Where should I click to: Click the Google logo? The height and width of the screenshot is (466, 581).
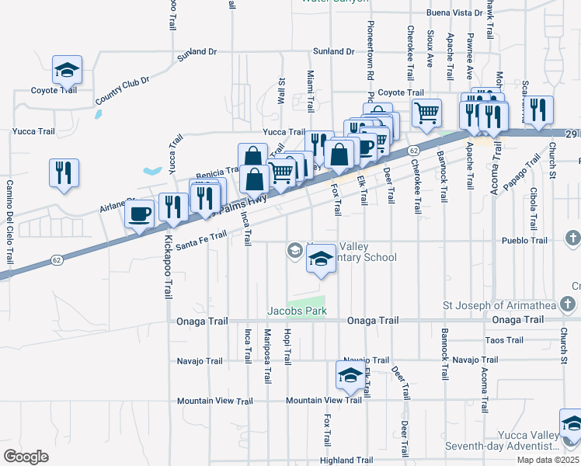tap(26, 456)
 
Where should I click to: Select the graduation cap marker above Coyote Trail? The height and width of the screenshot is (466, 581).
tap(67, 70)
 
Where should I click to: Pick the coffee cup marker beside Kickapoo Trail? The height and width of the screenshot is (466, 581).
tap(140, 212)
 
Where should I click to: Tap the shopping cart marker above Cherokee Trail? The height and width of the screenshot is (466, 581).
tap(426, 113)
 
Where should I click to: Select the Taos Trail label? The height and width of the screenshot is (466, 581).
tap(504, 340)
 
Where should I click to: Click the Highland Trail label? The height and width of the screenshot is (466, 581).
tap(347, 461)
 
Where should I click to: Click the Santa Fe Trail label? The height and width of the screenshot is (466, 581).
tap(201, 240)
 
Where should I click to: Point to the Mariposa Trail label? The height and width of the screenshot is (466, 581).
tap(267, 356)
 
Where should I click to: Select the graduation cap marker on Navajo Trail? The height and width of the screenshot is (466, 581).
tap(350, 375)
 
